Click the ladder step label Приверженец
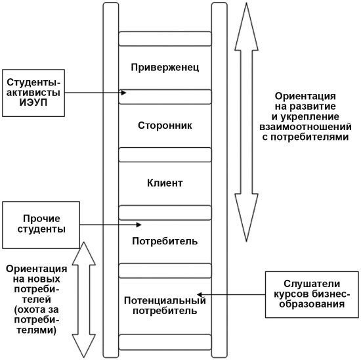pos(165,68)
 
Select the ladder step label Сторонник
pos(165,125)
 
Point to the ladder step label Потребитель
pos(165,241)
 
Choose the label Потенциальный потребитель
pos(165,305)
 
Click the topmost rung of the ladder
pos(165,38)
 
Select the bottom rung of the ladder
pos(165,342)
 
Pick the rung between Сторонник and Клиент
pos(165,155)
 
